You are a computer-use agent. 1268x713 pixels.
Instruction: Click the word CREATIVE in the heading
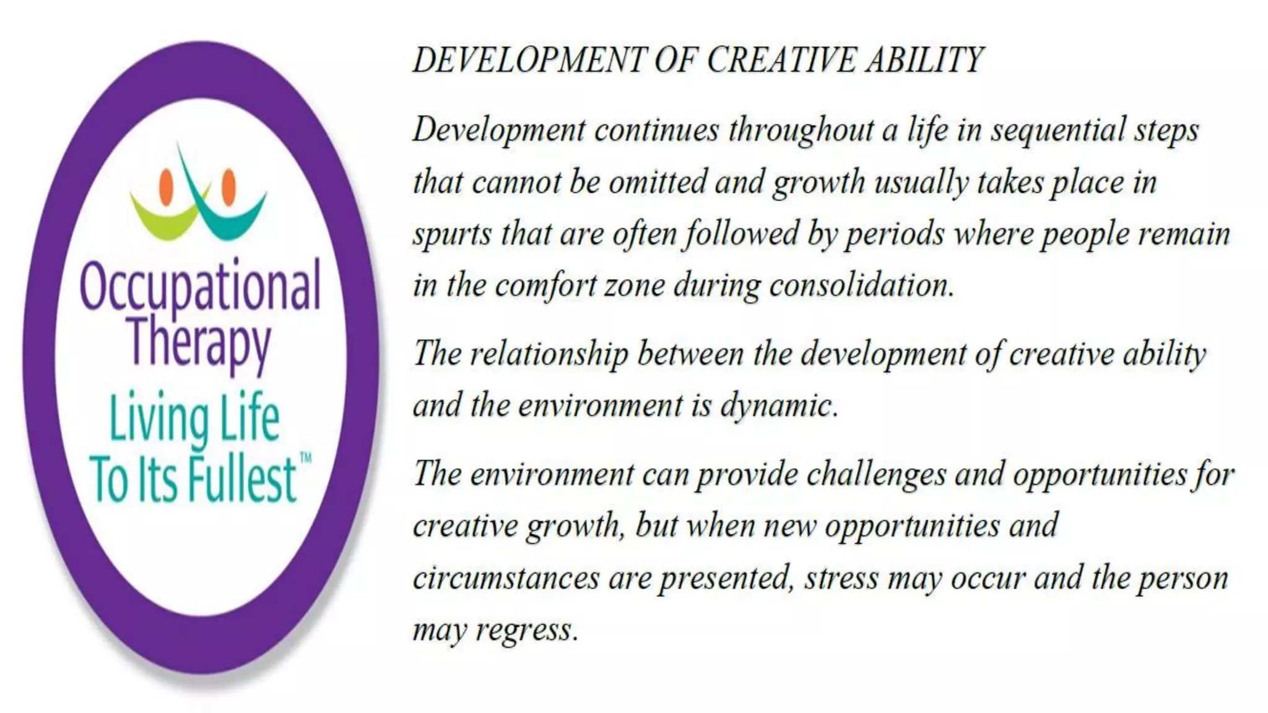[x=781, y=61]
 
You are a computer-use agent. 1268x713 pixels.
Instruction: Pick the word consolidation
[x=861, y=286]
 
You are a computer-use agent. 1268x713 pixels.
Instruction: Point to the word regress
[x=527, y=631]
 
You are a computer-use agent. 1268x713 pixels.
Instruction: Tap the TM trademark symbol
[x=305, y=459]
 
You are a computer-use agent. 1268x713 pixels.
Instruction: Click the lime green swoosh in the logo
[x=162, y=220]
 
